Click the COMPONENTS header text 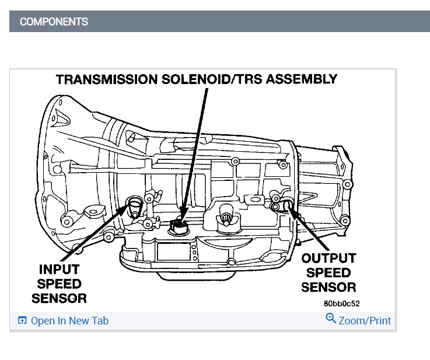point(54,22)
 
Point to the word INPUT point(59,270)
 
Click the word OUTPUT point(328,258)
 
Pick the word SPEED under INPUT point(59,284)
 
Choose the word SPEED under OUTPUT point(328,272)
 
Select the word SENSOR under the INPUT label point(59,298)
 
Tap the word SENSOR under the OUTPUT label point(328,287)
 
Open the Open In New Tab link point(69,321)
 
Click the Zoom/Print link point(365,321)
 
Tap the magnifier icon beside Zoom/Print point(331,319)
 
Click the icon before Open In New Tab point(23,321)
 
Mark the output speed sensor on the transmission point(287,204)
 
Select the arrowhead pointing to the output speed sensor point(292,213)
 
